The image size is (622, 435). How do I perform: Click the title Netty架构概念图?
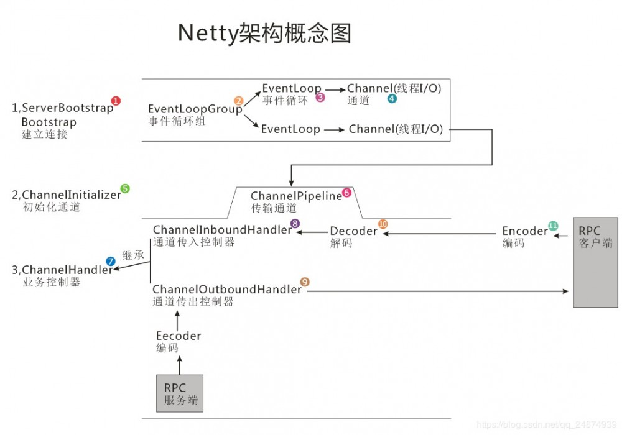coord(264,33)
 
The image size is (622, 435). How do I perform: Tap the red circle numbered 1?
coord(116,101)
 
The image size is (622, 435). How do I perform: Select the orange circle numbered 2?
coord(238,101)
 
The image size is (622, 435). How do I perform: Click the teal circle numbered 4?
coord(391,99)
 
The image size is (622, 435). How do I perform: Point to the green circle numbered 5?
coord(125,188)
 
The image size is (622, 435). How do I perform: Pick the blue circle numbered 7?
coord(111,261)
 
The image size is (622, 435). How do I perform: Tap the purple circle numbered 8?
coord(295,223)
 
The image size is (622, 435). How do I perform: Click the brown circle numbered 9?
coord(305,282)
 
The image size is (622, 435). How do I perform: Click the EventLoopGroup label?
coord(195,109)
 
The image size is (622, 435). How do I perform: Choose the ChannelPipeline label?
coord(296,196)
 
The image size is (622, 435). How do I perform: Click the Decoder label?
coord(353,231)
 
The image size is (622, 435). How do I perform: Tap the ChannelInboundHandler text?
coord(222,230)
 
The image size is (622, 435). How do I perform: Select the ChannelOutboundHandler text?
coord(226,290)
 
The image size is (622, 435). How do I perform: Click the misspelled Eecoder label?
coord(179,336)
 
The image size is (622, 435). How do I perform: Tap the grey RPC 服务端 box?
coord(180,394)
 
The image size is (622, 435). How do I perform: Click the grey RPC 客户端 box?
coord(595,262)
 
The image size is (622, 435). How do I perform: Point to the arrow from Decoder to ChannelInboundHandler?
coord(312,232)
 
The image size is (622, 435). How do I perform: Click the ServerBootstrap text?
coord(67,108)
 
